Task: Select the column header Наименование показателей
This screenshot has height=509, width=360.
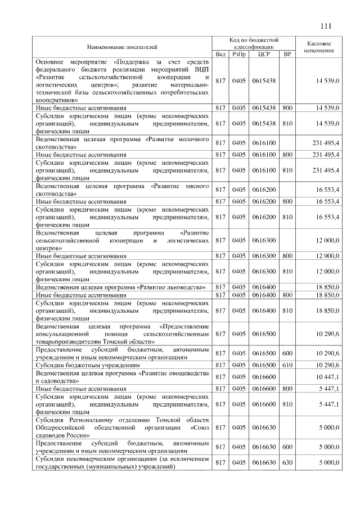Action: pyautogui.click(x=122, y=46)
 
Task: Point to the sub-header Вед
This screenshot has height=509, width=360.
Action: pyautogui.click(x=220, y=54)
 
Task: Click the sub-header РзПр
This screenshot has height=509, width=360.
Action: pyautogui.click(x=240, y=54)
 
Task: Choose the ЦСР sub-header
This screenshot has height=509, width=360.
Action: pyautogui.click(x=264, y=54)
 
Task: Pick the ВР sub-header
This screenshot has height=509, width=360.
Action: pyautogui.click(x=287, y=54)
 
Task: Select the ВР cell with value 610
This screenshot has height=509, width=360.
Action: pyautogui.click(x=287, y=365)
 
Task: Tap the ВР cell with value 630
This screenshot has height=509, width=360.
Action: pyautogui.click(x=287, y=462)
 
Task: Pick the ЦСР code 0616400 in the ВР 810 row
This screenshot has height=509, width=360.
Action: pyautogui.click(x=264, y=310)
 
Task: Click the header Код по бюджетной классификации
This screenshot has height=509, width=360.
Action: pyautogui.click(x=254, y=43)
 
